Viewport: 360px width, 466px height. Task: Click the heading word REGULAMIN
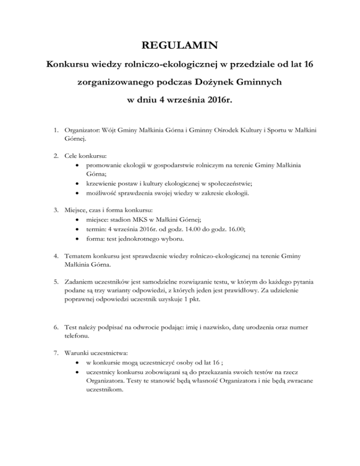click(x=180, y=45)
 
